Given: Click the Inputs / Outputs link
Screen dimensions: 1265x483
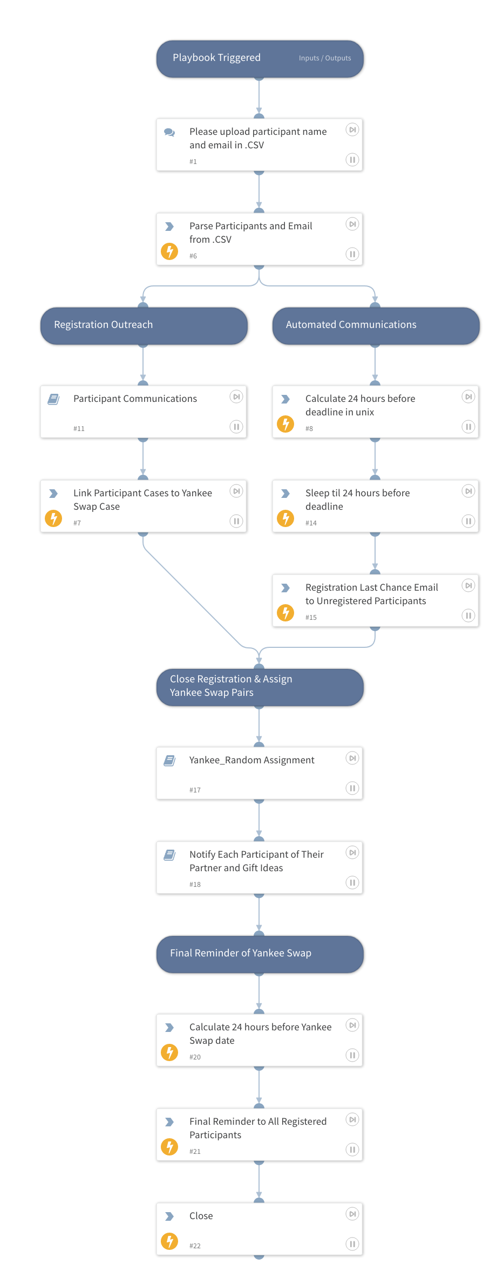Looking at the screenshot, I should pos(325,58).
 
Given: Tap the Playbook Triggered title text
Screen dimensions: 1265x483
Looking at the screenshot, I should pos(216,58).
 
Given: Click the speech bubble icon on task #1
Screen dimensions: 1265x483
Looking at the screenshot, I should pos(169,132).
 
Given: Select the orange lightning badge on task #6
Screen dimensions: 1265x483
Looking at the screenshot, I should pos(169,251).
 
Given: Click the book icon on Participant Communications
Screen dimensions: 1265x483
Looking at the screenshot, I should pos(53,399).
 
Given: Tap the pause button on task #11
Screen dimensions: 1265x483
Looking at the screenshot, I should pos(236,427).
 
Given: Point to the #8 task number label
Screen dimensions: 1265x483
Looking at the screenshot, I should pos(309,429).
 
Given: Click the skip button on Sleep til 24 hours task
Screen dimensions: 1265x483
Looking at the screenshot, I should pos(468,491).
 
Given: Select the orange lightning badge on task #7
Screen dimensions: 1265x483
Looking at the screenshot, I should pos(53,518).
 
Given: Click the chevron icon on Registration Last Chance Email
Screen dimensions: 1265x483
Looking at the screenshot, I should pos(285,588).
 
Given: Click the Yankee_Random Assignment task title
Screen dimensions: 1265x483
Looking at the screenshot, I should pos(251,760).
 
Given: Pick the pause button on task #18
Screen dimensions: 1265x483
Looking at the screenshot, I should pos(352,883).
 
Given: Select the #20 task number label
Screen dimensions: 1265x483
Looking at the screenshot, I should pos(195,1057).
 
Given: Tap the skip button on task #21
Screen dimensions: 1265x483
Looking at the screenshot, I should pos(352,1119).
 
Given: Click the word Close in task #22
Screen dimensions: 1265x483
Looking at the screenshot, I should pos(201,1216).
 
